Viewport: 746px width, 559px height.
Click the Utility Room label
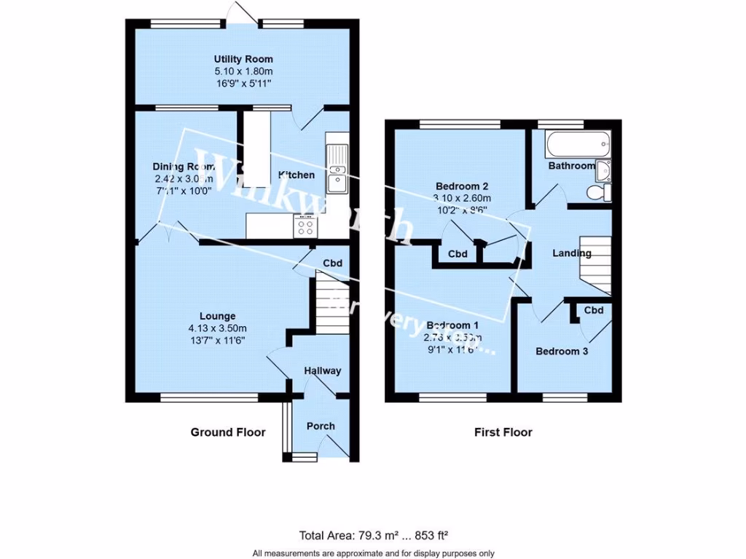tap(243, 59)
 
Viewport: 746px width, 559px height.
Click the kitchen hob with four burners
tap(305, 226)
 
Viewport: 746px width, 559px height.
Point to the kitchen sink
tap(338, 169)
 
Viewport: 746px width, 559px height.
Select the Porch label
tap(321, 426)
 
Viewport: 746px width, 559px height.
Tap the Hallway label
tap(323, 370)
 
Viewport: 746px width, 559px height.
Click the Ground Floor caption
tap(228, 432)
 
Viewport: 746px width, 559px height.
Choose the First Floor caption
tap(503, 432)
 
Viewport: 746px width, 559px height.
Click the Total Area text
tap(372, 536)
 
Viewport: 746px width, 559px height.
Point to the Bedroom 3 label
tap(562, 352)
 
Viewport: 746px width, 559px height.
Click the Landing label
tap(572, 253)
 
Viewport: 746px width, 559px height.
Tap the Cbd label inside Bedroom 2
tap(458, 254)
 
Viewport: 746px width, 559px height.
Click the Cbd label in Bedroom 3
tap(594, 311)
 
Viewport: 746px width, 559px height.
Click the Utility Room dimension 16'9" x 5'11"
tap(243, 84)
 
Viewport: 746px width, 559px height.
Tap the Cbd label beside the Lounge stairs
tap(333, 263)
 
